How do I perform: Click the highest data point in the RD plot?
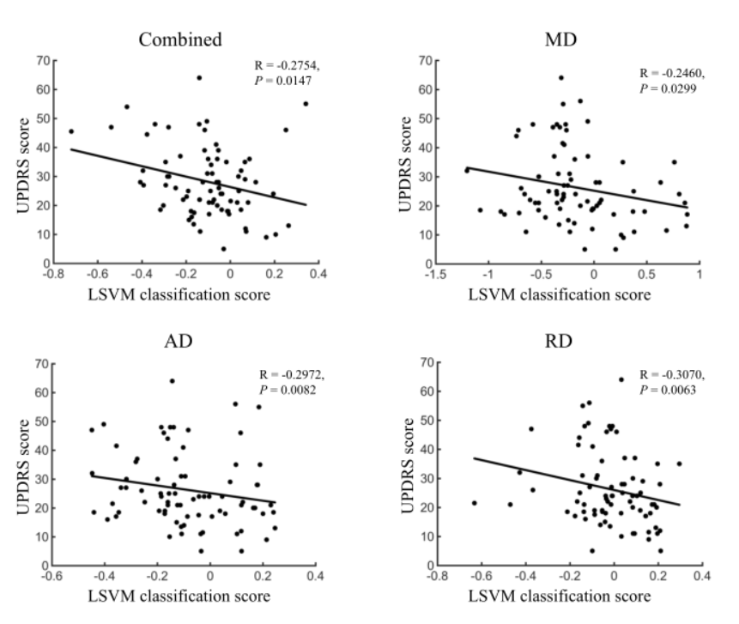(x=621, y=379)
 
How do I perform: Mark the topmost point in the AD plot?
(x=172, y=380)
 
